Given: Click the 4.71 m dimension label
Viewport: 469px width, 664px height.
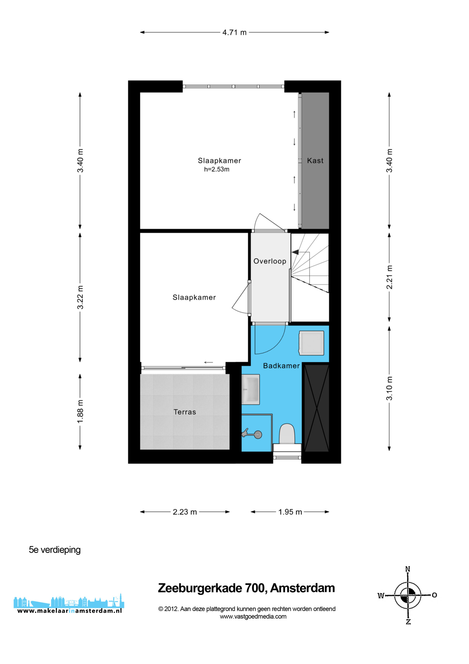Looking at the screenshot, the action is pyautogui.click(x=234, y=32).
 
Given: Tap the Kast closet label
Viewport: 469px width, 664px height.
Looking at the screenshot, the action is pyautogui.click(x=315, y=161).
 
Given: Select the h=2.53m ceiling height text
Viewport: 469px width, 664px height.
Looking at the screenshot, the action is pyautogui.click(x=216, y=169).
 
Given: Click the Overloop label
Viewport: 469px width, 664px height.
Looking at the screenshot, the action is pyautogui.click(x=269, y=261).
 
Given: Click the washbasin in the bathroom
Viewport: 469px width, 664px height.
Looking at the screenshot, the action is pyautogui.click(x=251, y=389).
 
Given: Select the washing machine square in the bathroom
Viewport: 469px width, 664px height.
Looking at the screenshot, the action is pyautogui.click(x=311, y=343).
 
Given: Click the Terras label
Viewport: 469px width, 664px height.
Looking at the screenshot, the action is pyautogui.click(x=185, y=412).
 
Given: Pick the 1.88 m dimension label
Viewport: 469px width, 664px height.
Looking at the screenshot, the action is pyautogui.click(x=80, y=412).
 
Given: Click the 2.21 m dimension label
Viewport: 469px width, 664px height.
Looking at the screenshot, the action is pyautogui.click(x=389, y=277).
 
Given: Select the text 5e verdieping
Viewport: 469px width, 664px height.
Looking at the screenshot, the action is pyautogui.click(x=55, y=549).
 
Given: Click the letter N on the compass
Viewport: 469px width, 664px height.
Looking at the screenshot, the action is pyautogui.click(x=408, y=569).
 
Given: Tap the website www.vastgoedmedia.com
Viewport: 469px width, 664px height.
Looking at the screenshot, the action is pyautogui.click(x=253, y=616).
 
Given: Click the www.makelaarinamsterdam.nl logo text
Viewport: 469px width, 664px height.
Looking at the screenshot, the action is pyautogui.click(x=69, y=611).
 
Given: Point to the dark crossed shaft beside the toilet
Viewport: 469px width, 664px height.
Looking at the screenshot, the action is pyautogui.click(x=317, y=408).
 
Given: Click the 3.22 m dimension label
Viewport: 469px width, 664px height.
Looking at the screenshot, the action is pyautogui.click(x=80, y=297).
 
